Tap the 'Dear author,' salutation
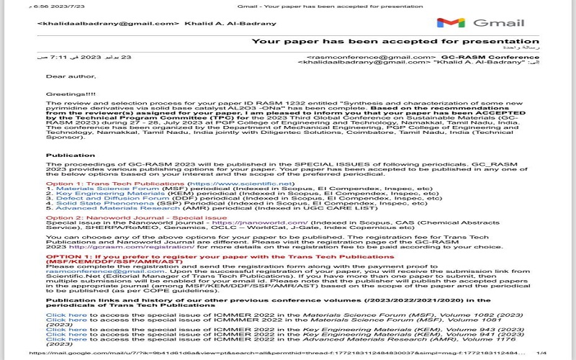pos(66,76)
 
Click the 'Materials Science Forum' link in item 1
pos(98,189)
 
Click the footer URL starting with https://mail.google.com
pos(216,354)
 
